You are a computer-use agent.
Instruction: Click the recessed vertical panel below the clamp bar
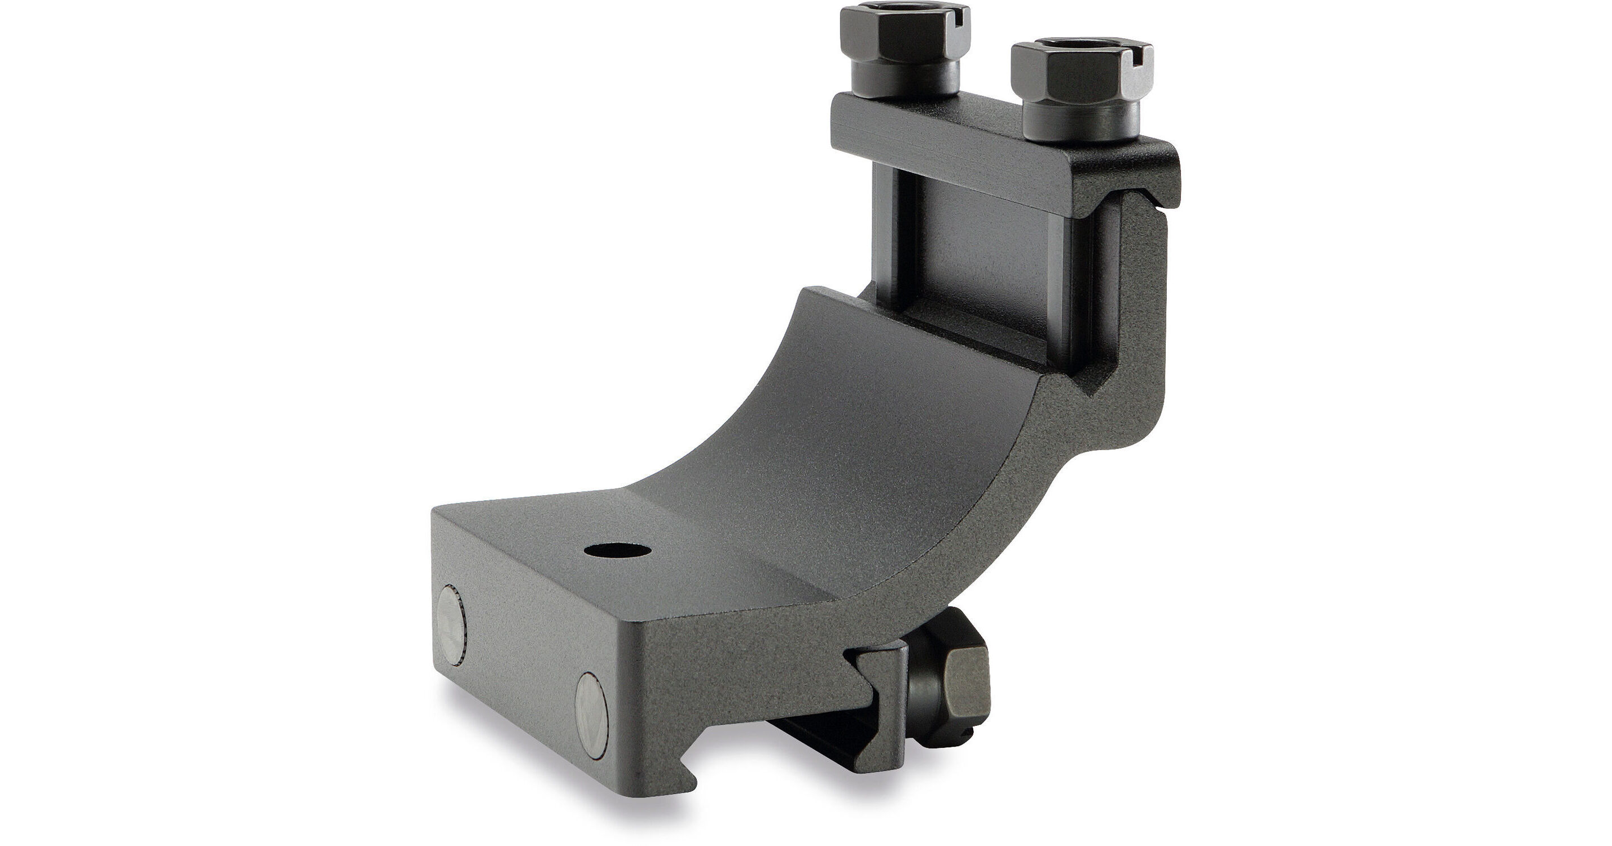click(995, 263)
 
